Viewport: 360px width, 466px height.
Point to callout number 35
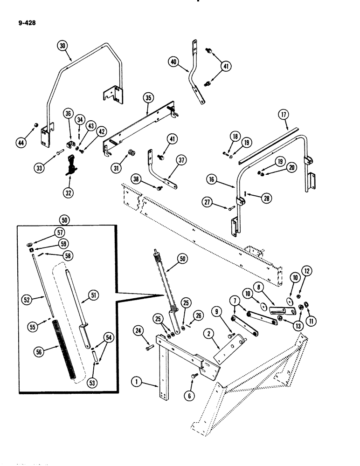(x=148, y=98)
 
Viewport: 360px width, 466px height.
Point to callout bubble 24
(x=138, y=332)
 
